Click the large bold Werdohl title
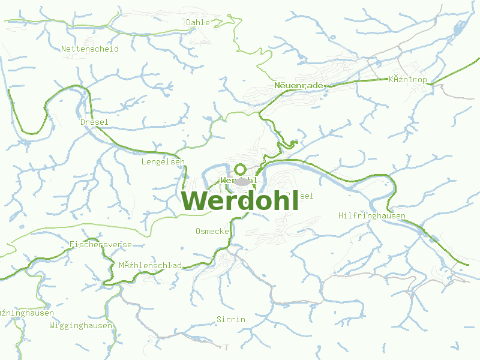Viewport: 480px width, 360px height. pyautogui.click(x=240, y=201)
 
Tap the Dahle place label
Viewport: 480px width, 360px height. pyautogui.click(x=198, y=22)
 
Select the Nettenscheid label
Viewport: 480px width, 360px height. pyautogui.click(x=90, y=49)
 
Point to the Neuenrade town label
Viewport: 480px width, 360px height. pyautogui.click(x=298, y=86)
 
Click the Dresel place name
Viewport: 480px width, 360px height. pyautogui.click(x=94, y=122)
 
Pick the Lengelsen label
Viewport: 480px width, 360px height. pyautogui.click(x=163, y=161)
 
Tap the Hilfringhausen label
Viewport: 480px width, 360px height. pyautogui.click(x=372, y=215)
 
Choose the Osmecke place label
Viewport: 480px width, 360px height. pyautogui.click(x=212, y=231)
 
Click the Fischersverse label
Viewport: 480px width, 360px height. pyautogui.click(x=101, y=244)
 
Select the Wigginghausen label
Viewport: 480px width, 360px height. pyautogui.click(x=81, y=325)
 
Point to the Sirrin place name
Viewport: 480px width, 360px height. pyautogui.click(x=231, y=319)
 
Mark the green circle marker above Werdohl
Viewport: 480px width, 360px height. pyautogui.click(x=240, y=169)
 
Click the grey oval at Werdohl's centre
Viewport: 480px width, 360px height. pyautogui.click(x=242, y=181)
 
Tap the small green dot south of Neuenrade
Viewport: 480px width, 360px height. pyautogui.click(x=293, y=143)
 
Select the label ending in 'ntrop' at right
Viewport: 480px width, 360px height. pyautogui.click(x=408, y=79)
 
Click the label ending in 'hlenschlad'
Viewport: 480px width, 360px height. pyautogui.click(x=150, y=265)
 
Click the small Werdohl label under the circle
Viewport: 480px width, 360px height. pyautogui.click(x=239, y=180)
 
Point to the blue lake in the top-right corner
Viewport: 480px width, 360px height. pyautogui.click(x=461, y=28)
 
